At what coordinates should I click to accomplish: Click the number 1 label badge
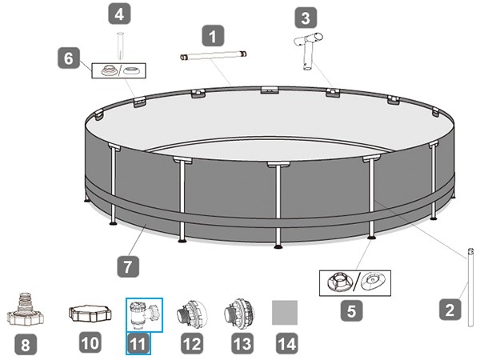point(213,36)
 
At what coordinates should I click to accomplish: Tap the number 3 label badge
point(306,18)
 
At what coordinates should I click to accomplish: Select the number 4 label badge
point(120,14)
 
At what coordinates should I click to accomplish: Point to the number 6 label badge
point(69,58)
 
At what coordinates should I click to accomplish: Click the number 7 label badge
point(128,266)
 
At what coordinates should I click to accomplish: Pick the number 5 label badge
point(352,310)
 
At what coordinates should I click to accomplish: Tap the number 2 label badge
point(450,310)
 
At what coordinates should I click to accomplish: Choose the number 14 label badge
point(287,343)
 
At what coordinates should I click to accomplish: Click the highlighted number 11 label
point(138,343)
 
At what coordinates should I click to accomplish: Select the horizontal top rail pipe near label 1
point(213,56)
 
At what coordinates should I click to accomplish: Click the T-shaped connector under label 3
point(308,51)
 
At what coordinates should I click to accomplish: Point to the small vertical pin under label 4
point(120,46)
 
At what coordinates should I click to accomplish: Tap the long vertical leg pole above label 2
point(470,288)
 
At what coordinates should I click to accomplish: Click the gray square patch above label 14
point(285,313)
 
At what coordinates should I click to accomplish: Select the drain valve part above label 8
point(26,309)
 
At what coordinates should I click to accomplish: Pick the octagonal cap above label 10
point(90,313)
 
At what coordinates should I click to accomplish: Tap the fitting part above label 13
point(239,314)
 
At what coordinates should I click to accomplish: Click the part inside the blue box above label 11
point(145,315)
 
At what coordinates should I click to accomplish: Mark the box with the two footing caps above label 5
point(355,283)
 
